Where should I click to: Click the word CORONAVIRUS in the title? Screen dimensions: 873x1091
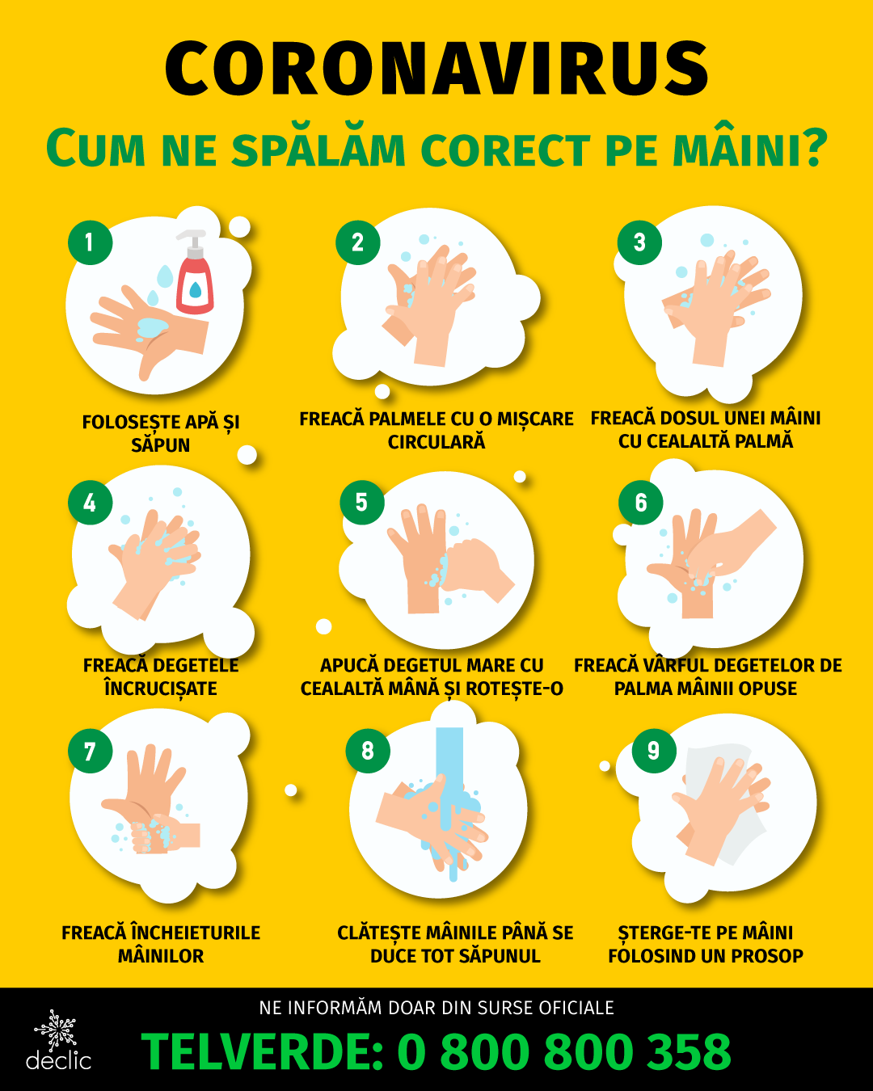coord(436,69)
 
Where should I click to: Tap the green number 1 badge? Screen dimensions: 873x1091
coord(90,242)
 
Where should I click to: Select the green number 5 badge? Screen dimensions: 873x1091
coord(361,503)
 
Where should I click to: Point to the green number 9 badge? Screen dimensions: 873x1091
coord(653,751)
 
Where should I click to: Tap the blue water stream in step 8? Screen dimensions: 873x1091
coord(449,801)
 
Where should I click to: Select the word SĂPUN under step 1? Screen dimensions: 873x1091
coord(160,445)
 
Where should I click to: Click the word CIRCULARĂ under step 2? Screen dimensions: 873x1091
coord(436,442)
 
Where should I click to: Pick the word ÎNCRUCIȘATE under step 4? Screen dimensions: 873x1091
coord(160,688)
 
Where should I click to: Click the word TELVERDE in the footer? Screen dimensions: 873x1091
coord(262,1051)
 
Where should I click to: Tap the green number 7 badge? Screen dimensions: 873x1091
coord(90,751)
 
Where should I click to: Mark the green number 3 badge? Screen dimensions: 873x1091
coord(639,242)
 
